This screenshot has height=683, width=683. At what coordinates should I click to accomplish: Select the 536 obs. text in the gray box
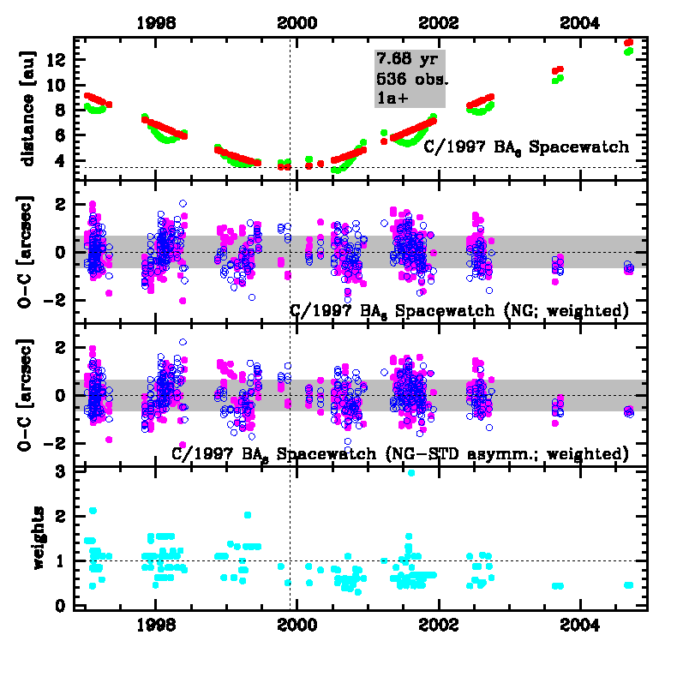point(411,80)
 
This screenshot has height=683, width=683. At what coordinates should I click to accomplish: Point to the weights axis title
point(39,538)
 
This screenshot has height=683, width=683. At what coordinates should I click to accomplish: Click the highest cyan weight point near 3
point(411,472)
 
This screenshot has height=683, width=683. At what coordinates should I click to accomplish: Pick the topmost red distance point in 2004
point(629,42)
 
